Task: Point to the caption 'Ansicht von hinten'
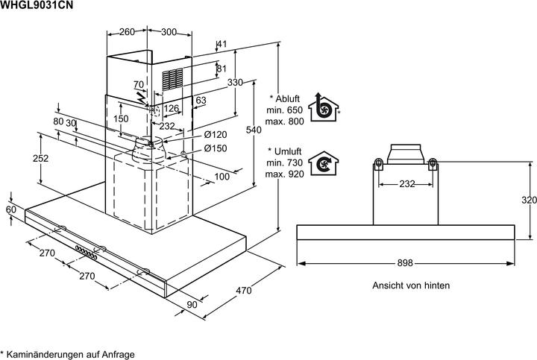point(411,285)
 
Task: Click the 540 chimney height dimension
point(254,130)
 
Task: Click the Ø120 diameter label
point(215,134)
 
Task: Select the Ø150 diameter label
point(215,148)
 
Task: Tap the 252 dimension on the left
point(41,158)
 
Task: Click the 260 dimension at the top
point(127,32)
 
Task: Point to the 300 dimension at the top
point(169,32)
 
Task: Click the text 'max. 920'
point(284,174)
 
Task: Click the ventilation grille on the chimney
point(173,80)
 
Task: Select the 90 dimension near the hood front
point(192,303)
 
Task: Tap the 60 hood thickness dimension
point(10,210)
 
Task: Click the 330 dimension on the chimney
point(235,83)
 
